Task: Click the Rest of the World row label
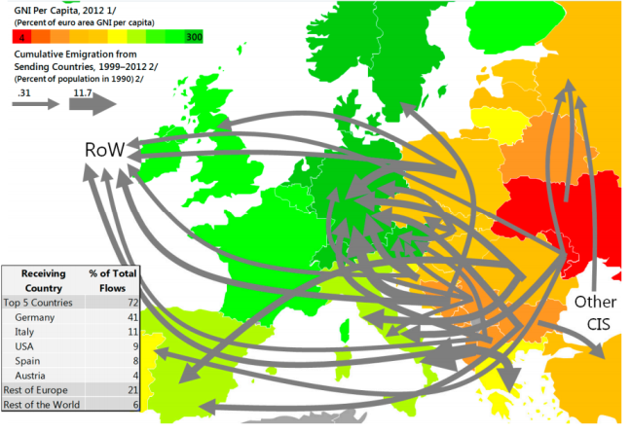pyautogui.click(x=49, y=403)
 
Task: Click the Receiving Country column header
pyautogui.click(x=43, y=281)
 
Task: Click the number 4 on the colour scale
pyautogui.click(x=20, y=36)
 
